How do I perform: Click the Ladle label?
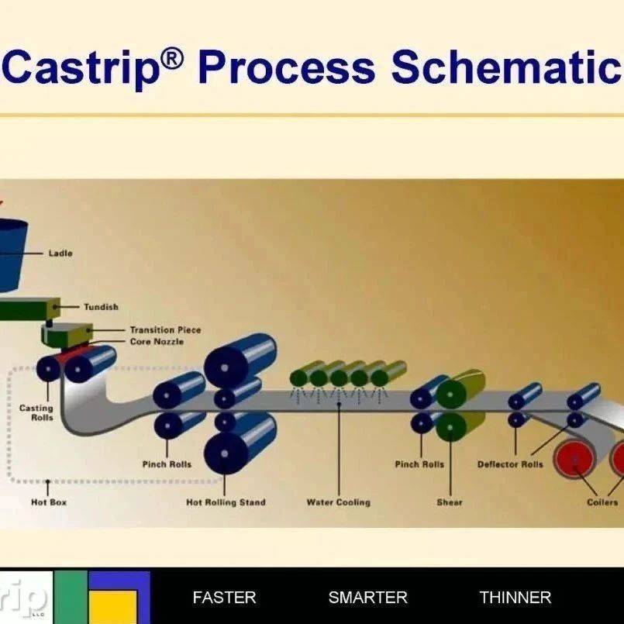pyautogui.click(x=60, y=253)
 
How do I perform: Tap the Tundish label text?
pyautogui.click(x=101, y=307)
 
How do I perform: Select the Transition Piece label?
pyautogui.click(x=166, y=330)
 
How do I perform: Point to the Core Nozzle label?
pyautogui.click(x=157, y=341)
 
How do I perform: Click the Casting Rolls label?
pyautogui.click(x=36, y=412)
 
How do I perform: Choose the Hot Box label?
pyautogui.click(x=49, y=502)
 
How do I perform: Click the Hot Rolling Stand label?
pyautogui.click(x=226, y=502)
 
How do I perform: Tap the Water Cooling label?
pyautogui.click(x=339, y=502)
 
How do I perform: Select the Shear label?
pyautogui.click(x=450, y=502)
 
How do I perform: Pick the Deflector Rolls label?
pyautogui.click(x=510, y=464)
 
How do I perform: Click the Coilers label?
pyautogui.click(x=602, y=502)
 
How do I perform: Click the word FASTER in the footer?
pyautogui.click(x=225, y=598)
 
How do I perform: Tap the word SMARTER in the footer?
pyautogui.click(x=368, y=598)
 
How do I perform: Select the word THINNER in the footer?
pyautogui.click(x=515, y=598)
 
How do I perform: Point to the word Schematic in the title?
pyautogui.click(x=506, y=67)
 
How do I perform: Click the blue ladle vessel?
pyautogui.click(x=12, y=255)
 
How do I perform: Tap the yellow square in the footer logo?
pyautogui.click(x=112, y=607)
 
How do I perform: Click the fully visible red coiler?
pyautogui.click(x=574, y=458)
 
